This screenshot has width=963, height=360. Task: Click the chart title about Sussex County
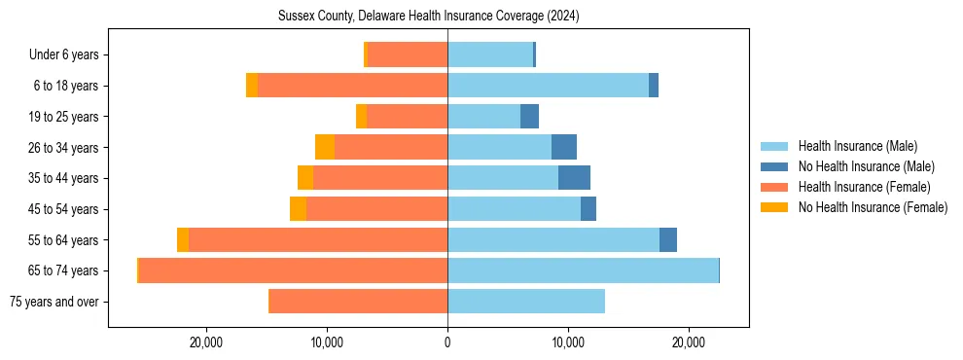tap(428, 16)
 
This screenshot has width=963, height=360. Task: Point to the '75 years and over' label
tap(53, 302)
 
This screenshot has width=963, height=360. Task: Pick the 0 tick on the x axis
tap(447, 342)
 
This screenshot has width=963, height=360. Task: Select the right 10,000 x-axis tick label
tap(568, 342)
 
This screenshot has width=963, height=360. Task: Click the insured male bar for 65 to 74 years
tap(583, 270)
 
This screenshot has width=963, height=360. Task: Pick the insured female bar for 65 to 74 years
tap(293, 270)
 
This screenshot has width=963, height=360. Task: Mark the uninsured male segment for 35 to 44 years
tap(574, 178)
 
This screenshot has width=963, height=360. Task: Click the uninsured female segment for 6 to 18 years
tap(252, 86)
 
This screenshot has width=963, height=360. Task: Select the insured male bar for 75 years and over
tap(526, 302)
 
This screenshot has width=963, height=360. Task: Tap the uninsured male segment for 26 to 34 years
tap(564, 147)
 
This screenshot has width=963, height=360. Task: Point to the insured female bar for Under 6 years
tap(408, 55)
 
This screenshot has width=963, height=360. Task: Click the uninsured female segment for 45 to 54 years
tap(298, 209)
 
